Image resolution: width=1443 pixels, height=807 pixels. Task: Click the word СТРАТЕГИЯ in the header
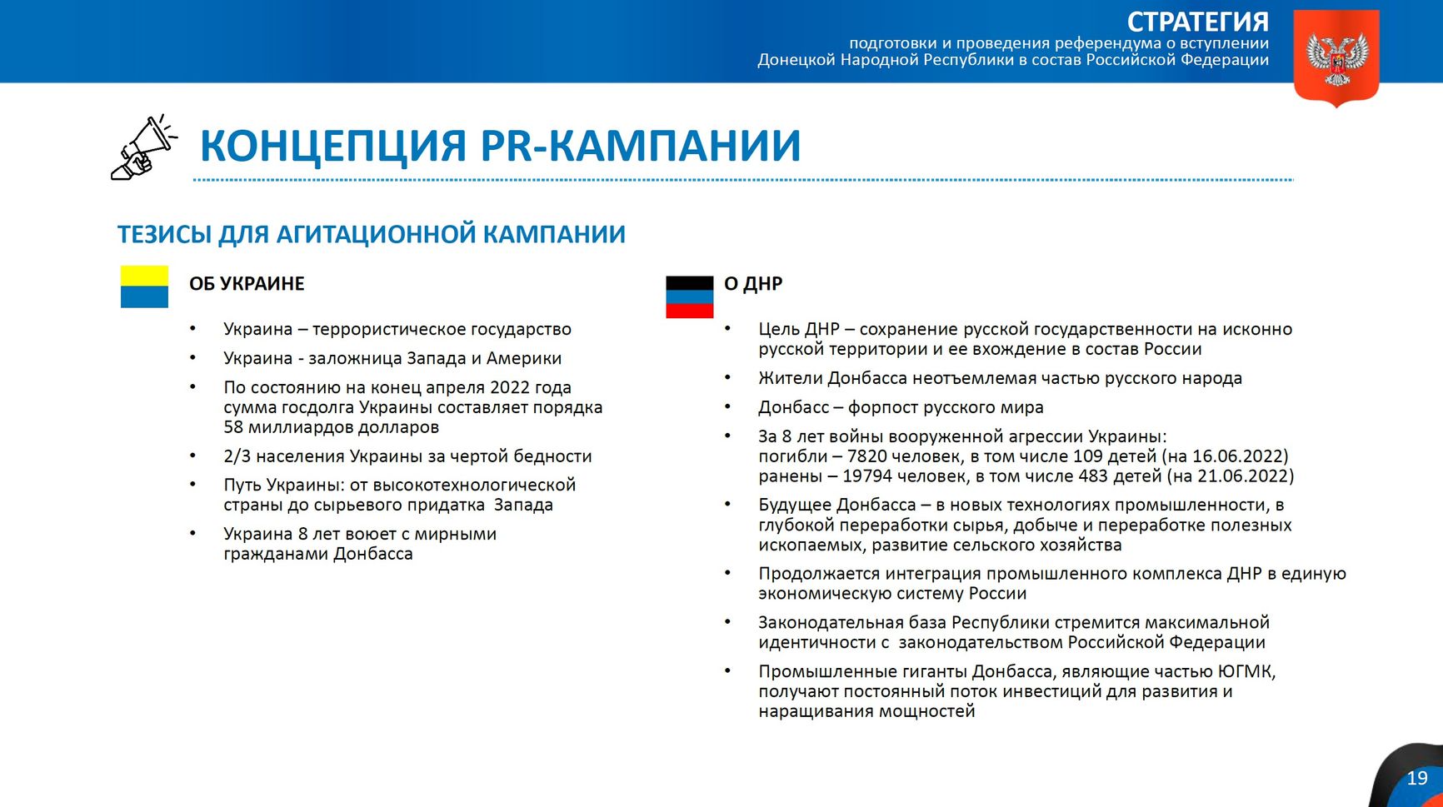[1197, 22]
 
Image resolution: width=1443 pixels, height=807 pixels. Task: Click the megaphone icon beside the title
[142, 147]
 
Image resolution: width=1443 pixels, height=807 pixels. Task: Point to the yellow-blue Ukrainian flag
[144, 286]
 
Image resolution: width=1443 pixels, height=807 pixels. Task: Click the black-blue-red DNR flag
[689, 297]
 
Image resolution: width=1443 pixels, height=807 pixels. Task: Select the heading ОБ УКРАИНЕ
[247, 284]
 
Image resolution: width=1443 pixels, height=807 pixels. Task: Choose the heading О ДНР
[752, 284]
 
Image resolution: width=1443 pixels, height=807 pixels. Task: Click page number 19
[1416, 779]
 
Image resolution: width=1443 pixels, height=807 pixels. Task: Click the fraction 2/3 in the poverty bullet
[237, 456]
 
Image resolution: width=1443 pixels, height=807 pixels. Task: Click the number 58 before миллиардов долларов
[233, 427]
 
